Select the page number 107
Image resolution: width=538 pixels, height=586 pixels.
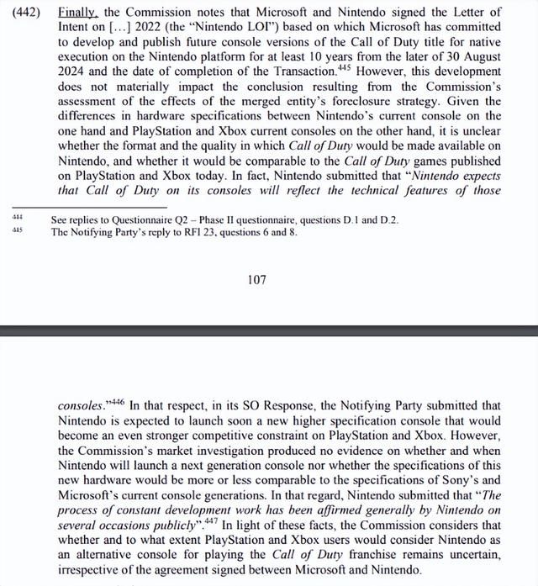click(257, 278)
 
